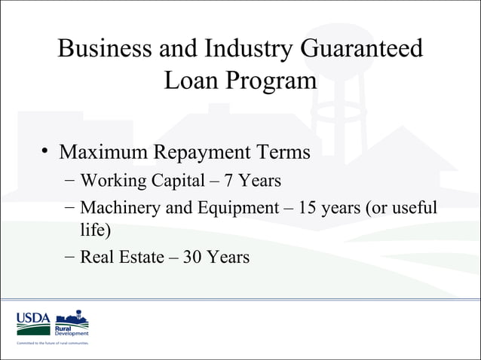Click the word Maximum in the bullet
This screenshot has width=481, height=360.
click(x=105, y=152)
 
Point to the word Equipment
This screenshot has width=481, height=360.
click(x=232, y=207)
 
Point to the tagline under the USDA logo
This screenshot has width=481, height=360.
click(x=52, y=343)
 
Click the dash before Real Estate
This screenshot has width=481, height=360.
click(x=69, y=257)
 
